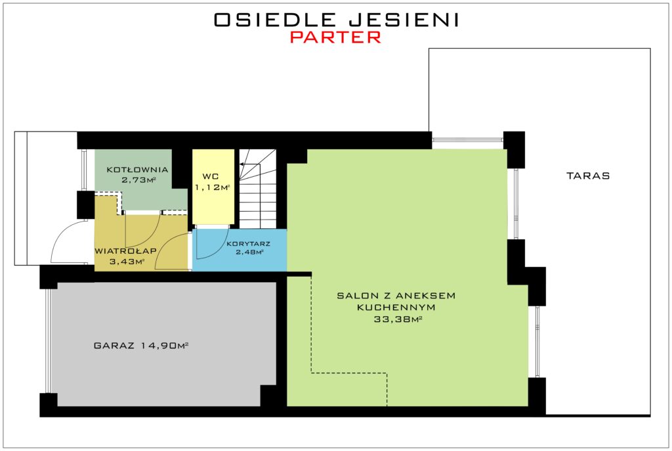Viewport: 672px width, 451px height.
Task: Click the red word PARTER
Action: [x=335, y=37]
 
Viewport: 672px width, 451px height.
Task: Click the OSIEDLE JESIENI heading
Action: [x=337, y=20]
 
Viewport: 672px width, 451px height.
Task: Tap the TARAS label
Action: [x=588, y=176]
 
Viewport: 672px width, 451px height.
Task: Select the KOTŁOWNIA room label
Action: [x=137, y=170]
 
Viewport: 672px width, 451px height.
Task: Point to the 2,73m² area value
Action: [x=138, y=180]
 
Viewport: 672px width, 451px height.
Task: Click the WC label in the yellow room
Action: [x=211, y=177]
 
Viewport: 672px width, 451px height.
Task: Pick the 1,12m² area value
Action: [x=213, y=187]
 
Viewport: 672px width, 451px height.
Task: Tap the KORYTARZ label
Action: [x=249, y=244]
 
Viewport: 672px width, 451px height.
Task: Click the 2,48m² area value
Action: [x=249, y=252]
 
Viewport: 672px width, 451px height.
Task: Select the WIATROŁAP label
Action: [x=125, y=251]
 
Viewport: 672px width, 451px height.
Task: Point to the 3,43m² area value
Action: [x=127, y=261]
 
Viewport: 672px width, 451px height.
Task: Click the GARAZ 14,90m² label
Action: [x=141, y=345]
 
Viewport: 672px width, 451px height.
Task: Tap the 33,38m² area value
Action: [x=398, y=319]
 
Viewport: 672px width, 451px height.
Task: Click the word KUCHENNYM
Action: [x=396, y=308]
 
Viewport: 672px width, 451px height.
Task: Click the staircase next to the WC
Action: [x=257, y=189]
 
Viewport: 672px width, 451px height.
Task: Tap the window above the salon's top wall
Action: [x=467, y=140]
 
